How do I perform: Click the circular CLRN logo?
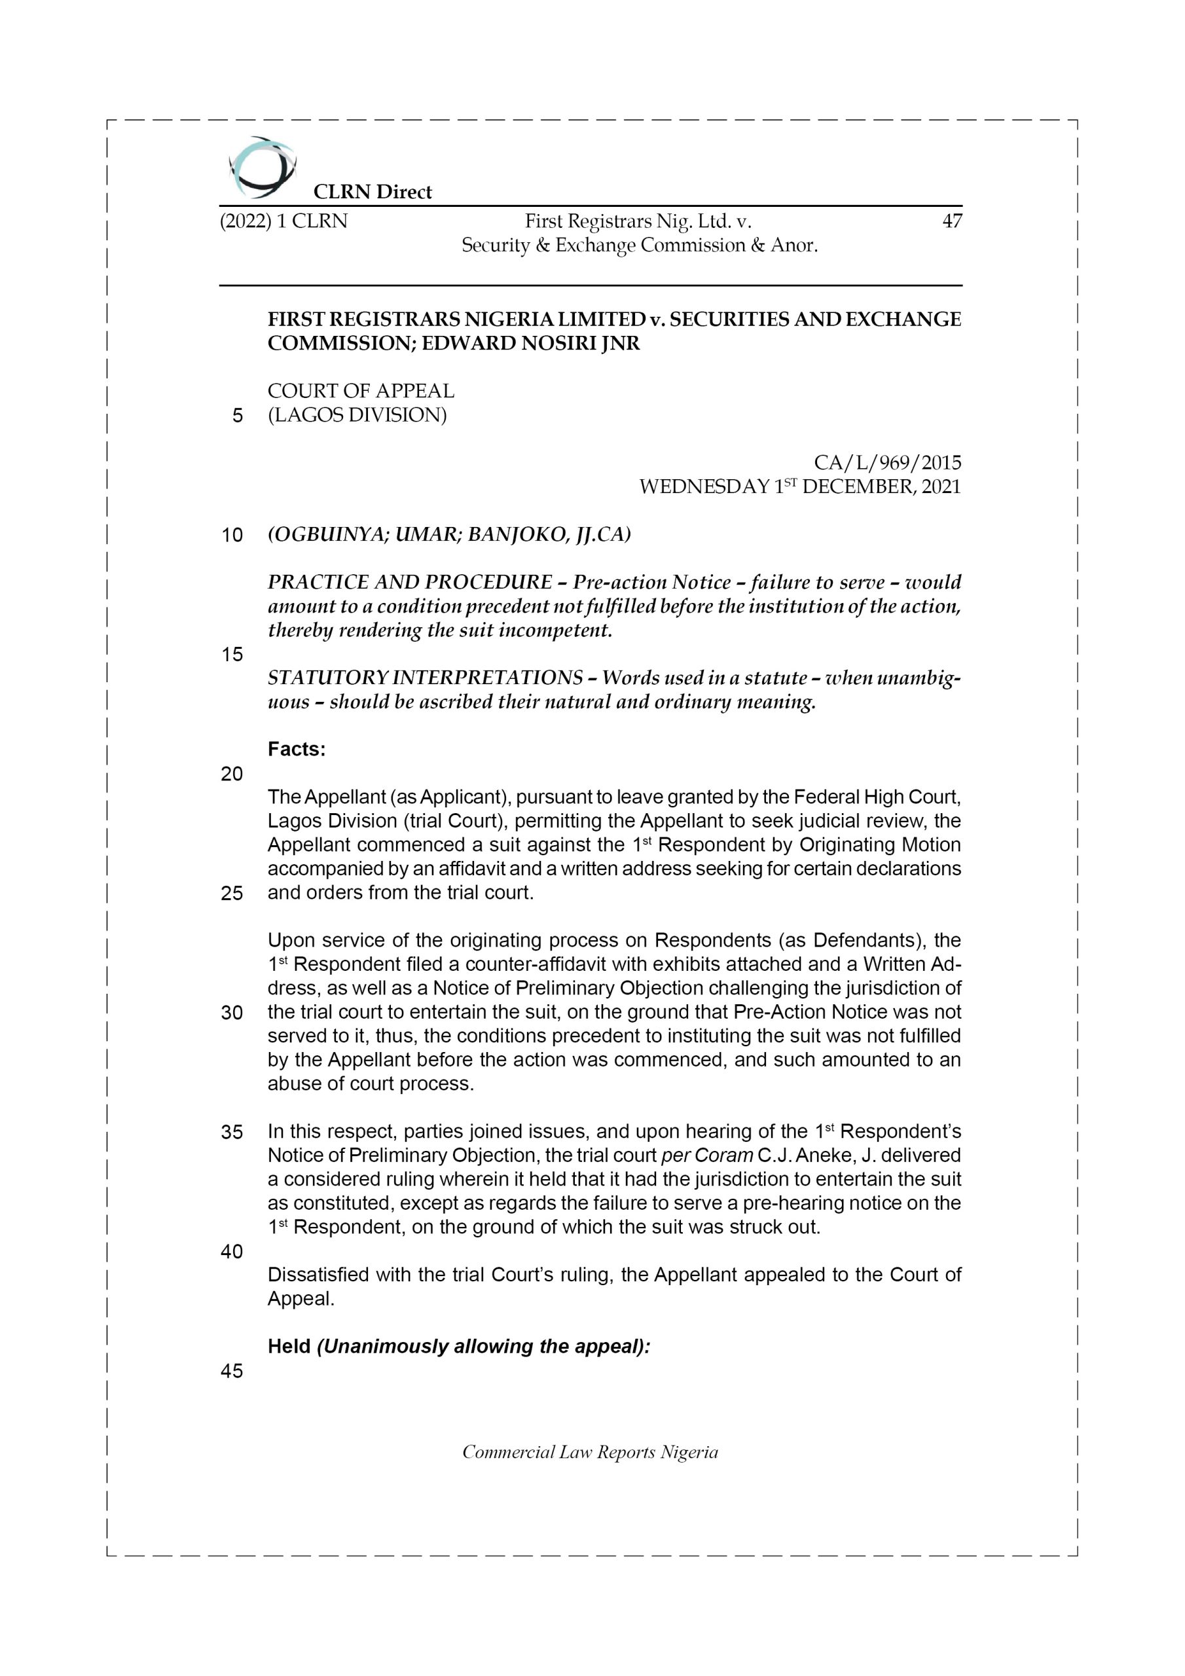[262, 167]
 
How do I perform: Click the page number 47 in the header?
[951, 221]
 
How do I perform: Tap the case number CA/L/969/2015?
[887, 463]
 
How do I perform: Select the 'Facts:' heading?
[297, 750]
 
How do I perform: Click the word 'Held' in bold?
[289, 1346]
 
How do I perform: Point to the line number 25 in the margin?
[232, 894]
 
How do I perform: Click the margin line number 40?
[232, 1252]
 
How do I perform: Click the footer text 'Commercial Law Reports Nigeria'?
[590, 1452]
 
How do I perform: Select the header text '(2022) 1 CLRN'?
[283, 221]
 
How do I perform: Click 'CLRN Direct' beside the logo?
[373, 192]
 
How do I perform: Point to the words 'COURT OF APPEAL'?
[361, 392]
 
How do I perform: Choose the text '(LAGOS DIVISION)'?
[357, 415]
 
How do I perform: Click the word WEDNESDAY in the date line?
[704, 487]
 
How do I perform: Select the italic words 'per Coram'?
[706, 1156]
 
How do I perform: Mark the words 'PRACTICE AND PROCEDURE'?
[410, 583]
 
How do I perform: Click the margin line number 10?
[232, 536]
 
